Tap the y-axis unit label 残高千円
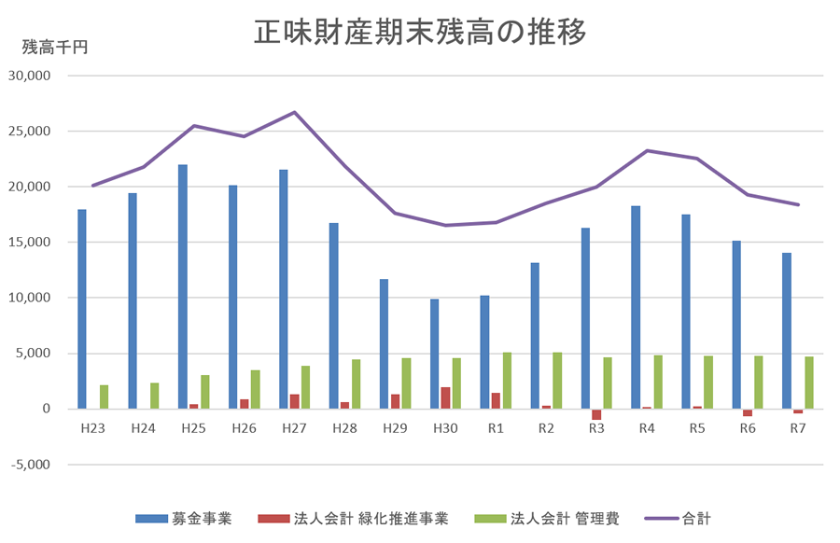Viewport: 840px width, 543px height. (55, 47)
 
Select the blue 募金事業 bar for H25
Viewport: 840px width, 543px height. (183, 286)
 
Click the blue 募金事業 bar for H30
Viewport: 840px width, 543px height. (435, 354)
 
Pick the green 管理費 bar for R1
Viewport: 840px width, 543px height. (507, 380)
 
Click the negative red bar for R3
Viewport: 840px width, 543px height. (596, 414)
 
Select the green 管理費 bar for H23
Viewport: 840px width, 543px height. (104, 397)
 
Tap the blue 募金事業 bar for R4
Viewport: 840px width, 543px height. (636, 307)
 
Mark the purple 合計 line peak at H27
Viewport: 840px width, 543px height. (295, 113)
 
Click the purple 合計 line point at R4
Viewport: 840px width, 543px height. (647, 151)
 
